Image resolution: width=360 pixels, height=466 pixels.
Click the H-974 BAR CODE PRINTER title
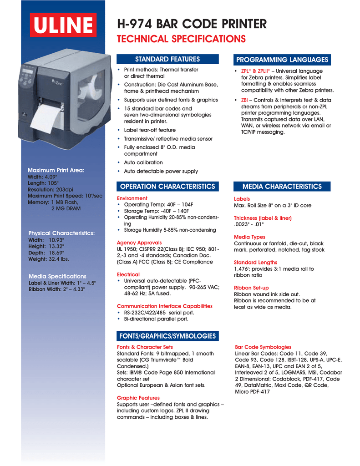(192, 23)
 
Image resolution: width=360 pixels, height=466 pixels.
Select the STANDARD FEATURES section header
(167, 59)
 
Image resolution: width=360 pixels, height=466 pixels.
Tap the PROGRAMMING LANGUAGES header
(282, 60)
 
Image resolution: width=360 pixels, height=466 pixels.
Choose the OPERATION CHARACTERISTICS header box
(167, 186)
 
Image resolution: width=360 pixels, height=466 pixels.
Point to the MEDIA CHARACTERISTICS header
(282, 186)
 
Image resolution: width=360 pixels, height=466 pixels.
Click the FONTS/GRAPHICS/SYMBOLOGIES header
(167, 335)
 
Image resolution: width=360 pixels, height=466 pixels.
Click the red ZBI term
(244, 100)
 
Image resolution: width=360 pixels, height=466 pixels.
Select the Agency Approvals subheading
(139, 243)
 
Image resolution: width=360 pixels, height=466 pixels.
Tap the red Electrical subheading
(128, 274)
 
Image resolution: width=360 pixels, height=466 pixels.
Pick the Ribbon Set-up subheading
(251, 288)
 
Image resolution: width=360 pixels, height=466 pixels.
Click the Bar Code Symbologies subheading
(263, 347)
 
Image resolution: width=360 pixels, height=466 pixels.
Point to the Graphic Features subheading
(138, 397)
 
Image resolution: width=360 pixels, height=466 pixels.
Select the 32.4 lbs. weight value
(59, 258)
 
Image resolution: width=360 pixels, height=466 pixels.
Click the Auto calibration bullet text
(143, 162)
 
